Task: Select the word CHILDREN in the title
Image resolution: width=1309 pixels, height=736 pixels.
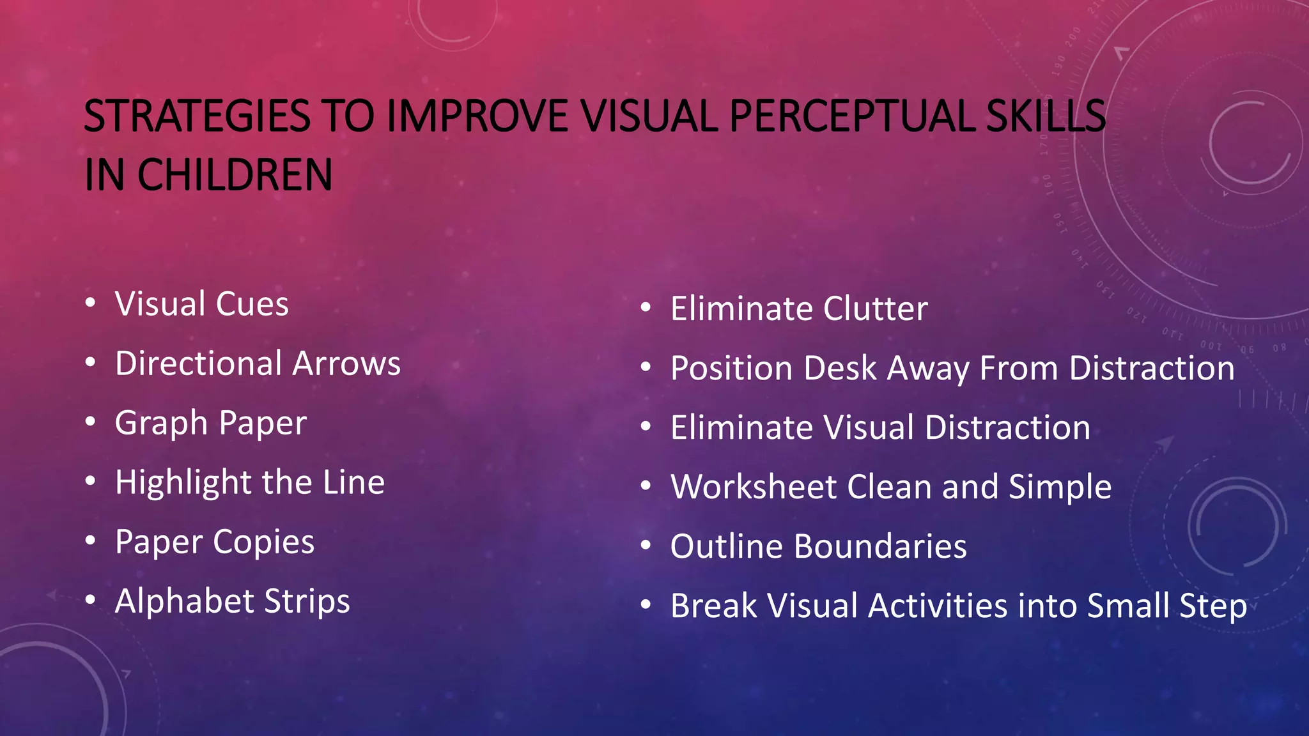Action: coord(235,175)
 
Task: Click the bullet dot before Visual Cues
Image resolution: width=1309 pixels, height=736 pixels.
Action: coord(91,303)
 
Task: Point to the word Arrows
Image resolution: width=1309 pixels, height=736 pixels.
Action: coord(346,364)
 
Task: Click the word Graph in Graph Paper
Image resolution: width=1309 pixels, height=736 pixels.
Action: coord(161,424)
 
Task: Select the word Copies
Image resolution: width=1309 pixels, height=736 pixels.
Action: coord(263,542)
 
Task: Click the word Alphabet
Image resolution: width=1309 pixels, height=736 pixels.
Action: coord(185,601)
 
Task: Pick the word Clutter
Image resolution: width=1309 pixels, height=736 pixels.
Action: coord(875,309)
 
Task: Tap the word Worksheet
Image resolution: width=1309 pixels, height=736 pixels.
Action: coord(754,487)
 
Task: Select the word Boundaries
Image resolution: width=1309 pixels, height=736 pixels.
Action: coord(880,547)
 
